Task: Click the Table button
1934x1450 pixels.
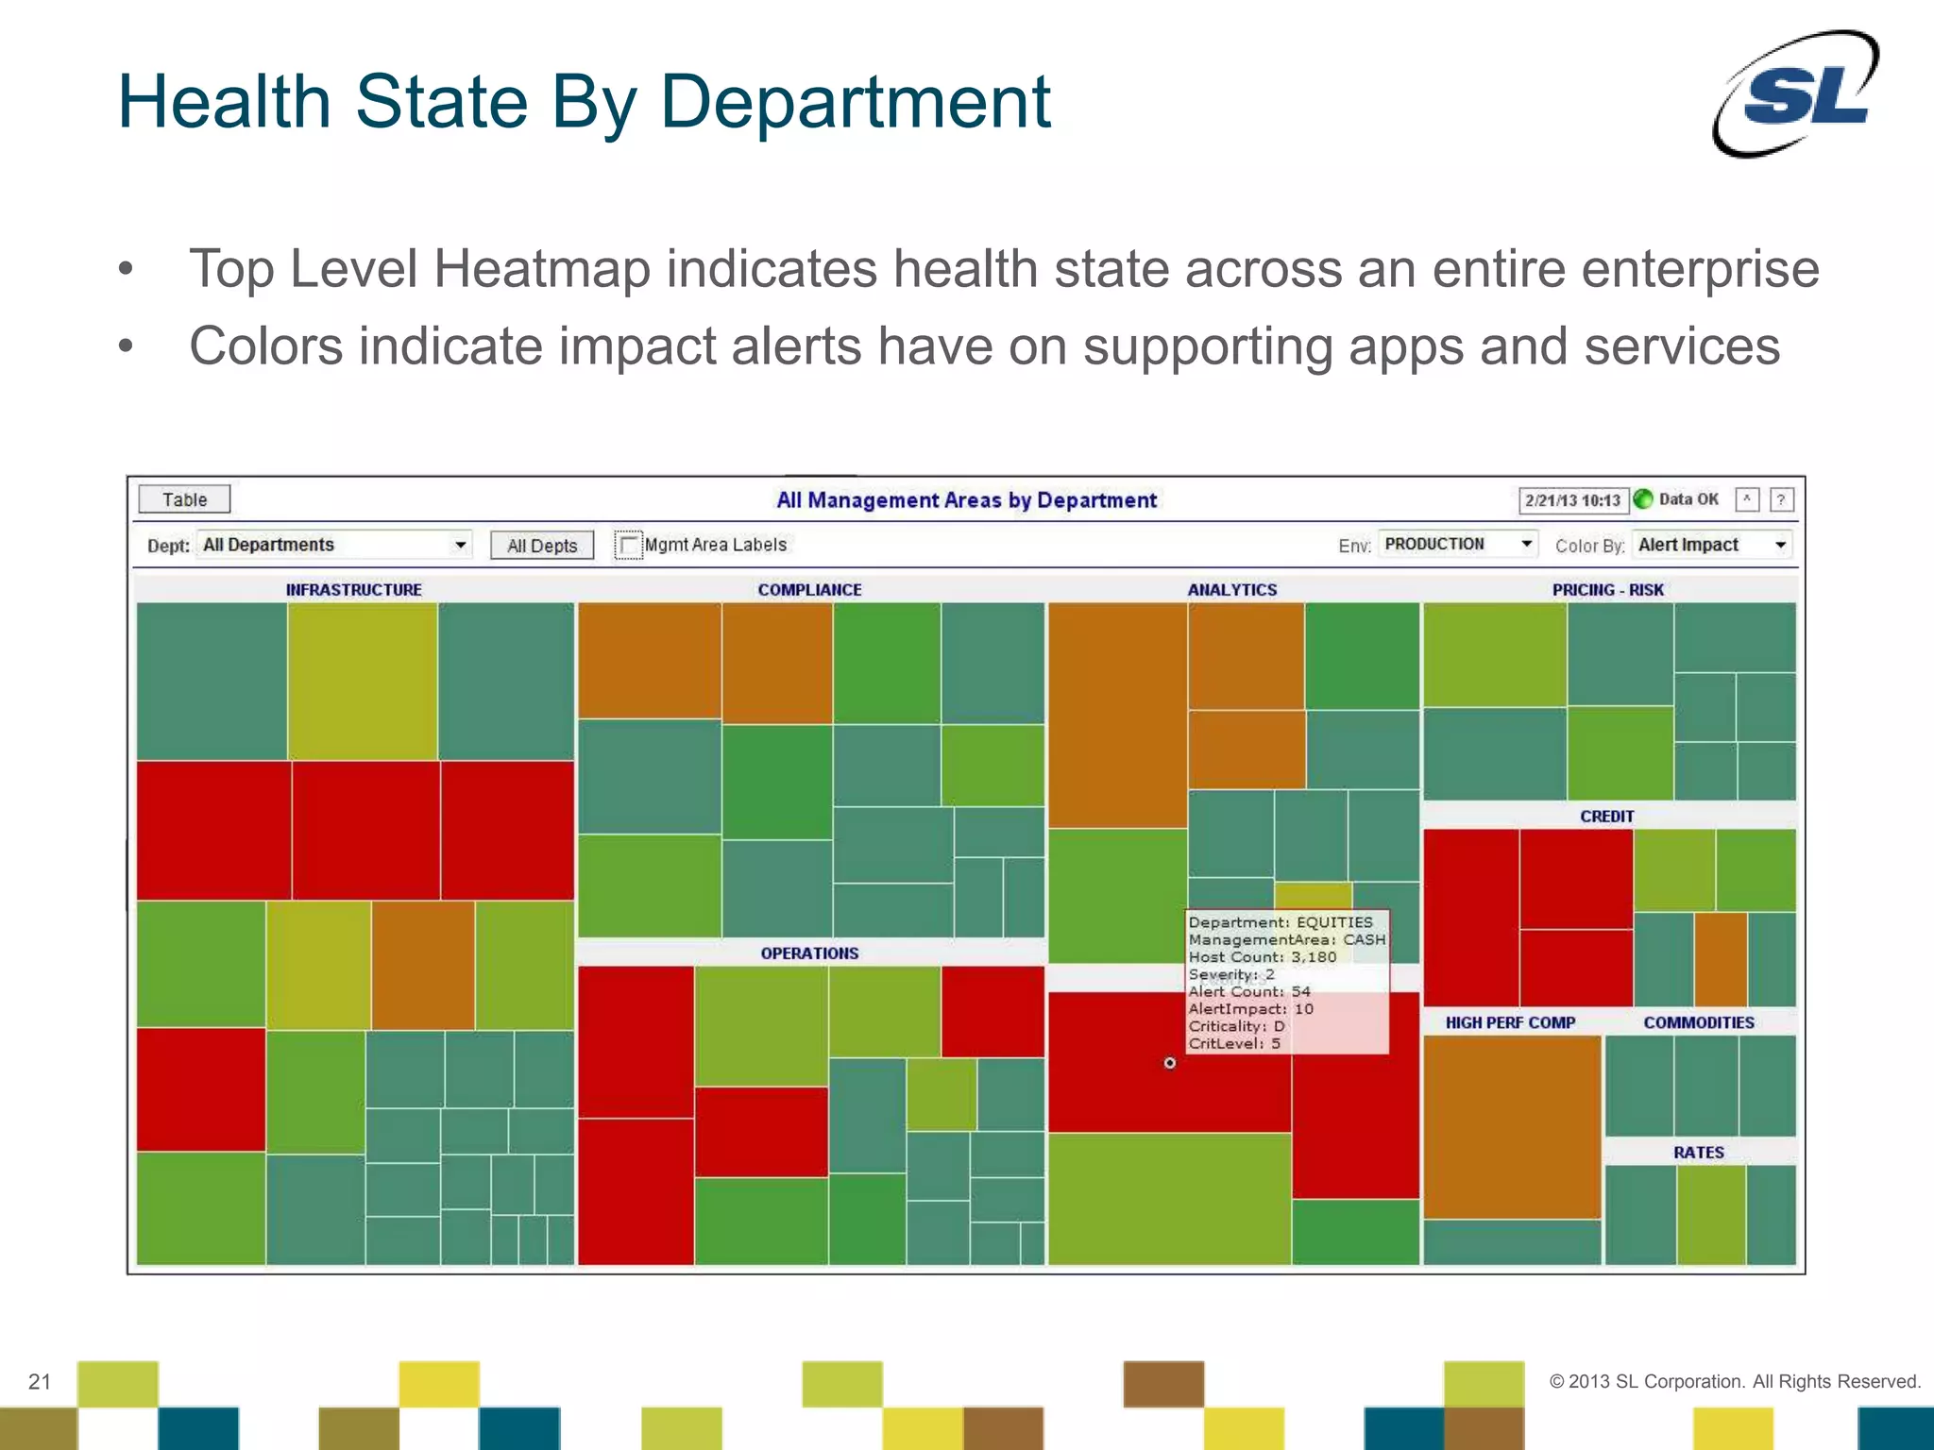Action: (x=184, y=499)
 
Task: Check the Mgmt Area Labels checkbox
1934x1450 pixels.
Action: (x=628, y=546)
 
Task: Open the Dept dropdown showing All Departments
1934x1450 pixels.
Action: (x=334, y=545)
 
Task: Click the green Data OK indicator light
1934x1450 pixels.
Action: (x=1643, y=499)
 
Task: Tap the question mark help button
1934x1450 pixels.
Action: (x=1781, y=499)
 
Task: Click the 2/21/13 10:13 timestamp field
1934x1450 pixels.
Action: (x=1572, y=500)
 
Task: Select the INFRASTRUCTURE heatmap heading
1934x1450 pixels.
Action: (x=354, y=590)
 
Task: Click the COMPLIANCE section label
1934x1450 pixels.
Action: (x=809, y=590)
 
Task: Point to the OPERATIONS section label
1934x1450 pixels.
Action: (x=809, y=953)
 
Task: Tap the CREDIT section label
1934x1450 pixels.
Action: (x=1606, y=817)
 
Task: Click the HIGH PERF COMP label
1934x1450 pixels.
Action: (x=1510, y=1022)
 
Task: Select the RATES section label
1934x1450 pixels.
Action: (x=1698, y=1153)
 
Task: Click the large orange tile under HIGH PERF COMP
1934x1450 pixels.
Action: (x=1512, y=1126)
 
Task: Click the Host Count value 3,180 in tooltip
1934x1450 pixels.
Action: (x=1314, y=957)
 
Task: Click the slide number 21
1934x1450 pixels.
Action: (x=40, y=1382)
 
